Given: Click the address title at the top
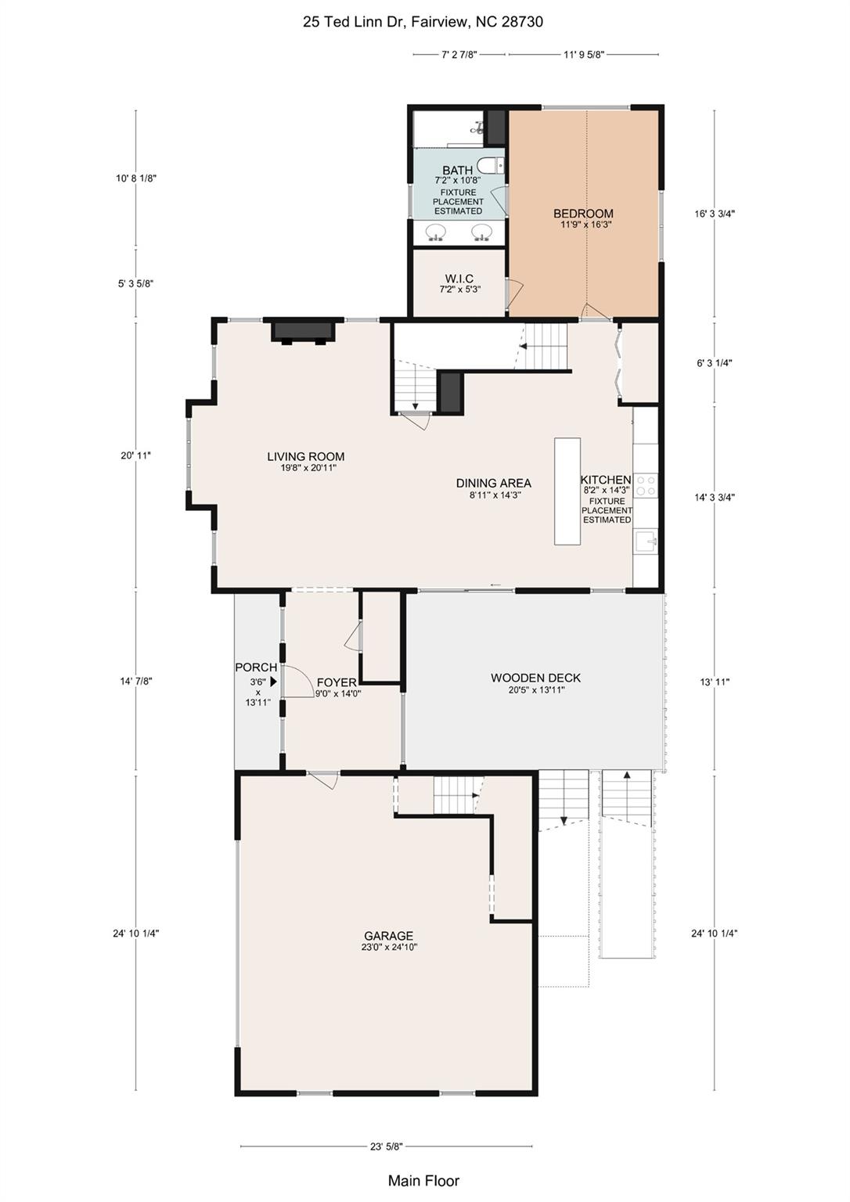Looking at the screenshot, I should pyautogui.click(x=423, y=22).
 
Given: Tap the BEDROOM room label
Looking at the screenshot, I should pyautogui.click(x=583, y=214).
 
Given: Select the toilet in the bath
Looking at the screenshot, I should pyautogui.click(x=491, y=165).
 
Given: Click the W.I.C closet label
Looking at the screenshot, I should pyautogui.click(x=459, y=279).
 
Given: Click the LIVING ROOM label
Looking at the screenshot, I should pyautogui.click(x=305, y=457).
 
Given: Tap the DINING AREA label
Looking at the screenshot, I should pyautogui.click(x=493, y=484).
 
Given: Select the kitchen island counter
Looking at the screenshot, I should pyautogui.click(x=567, y=491).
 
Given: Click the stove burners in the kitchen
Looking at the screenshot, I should pyautogui.click(x=646, y=485).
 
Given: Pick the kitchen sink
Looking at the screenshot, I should pyautogui.click(x=646, y=540).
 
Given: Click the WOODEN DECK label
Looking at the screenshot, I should pyautogui.click(x=535, y=678).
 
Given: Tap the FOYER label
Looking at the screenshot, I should pyautogui.click(x=337, y=683).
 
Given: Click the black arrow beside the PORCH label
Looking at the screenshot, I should pyautogui.click(x=274, y=682).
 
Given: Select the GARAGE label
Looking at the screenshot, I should pyautogui.click(x=388, y=936).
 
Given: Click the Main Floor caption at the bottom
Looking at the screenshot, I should pyautogui.click(x=423, y=1181).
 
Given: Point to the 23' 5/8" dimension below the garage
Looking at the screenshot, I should pyautogui.click(x=386, y=1146).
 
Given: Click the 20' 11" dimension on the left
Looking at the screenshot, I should pyautogui.click(x=135, y=455).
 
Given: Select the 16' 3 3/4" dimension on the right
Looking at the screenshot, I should pyautogui.click(x=715, y=214).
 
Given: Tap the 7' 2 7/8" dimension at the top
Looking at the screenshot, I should pyautogui.click(x=459, y=55).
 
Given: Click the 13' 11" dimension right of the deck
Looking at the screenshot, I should pyautogui.click(x=715, y=682).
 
